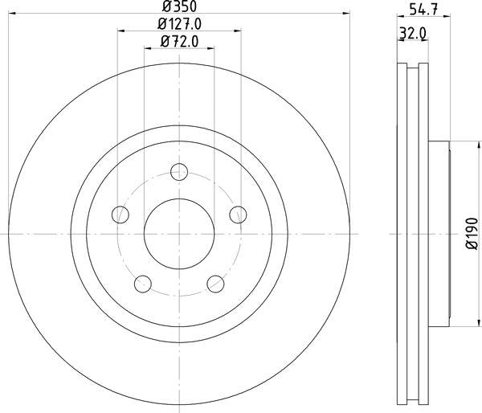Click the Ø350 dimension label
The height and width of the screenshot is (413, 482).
[x=179, y=6]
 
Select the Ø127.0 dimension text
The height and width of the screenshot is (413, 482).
[x=179, y=24]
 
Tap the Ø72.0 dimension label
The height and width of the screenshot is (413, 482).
[x=179, y=42]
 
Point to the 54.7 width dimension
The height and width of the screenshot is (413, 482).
[x=423, y=10]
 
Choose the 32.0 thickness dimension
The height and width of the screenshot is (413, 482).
[x=413, y=33]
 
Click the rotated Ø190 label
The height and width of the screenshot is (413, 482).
[x=472, y=233]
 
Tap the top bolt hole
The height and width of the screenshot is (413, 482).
[x=179, y=172]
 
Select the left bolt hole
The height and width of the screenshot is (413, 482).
[x=120, y=215]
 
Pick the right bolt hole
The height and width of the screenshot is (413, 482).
[x=238, y=215]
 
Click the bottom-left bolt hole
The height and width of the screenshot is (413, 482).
[x=143, y=284]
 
